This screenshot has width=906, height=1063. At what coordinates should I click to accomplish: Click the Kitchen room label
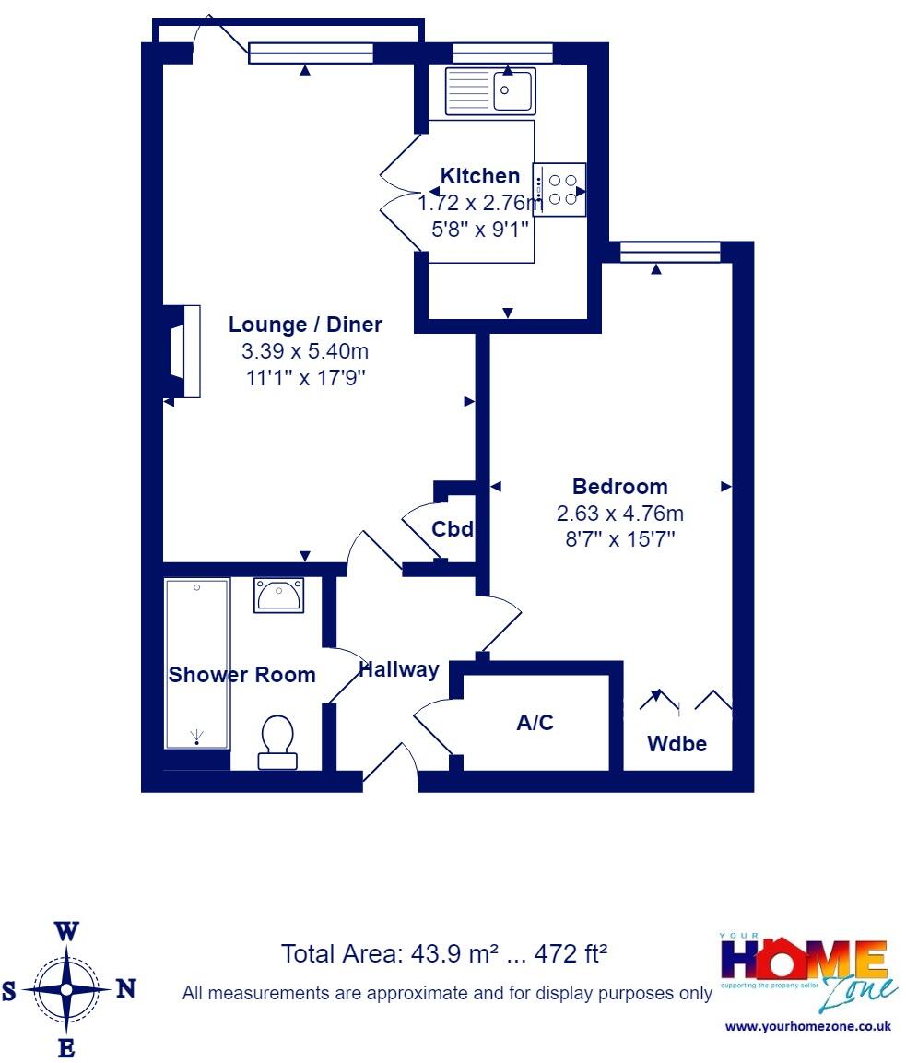click(x=479, y=176)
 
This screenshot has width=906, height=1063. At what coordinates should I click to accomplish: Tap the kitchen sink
click(x=488, y=90)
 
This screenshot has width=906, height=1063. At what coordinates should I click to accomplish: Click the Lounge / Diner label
click(x=305, y=325)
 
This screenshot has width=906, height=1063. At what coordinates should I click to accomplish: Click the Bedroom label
click(x=620, y=487)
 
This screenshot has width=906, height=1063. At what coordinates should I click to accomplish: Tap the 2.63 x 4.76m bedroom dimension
click(x=620, y=514)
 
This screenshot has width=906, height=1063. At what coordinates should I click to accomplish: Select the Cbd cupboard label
click(x=453, y=530)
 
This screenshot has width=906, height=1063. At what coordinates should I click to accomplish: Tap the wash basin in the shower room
click(x=279, y=596)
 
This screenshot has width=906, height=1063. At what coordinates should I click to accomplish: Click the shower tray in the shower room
click(x=196, y=663)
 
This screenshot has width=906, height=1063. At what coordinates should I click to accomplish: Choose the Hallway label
click(x=399, y=670)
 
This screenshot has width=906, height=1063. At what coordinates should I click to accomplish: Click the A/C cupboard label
click(x=535, y=723)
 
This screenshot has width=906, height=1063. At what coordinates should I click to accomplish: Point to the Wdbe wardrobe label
click(x=677, y=744)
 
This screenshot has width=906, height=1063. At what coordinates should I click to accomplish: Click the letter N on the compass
click(x=126, y=989)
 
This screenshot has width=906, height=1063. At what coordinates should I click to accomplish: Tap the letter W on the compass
click(x=66, y=931)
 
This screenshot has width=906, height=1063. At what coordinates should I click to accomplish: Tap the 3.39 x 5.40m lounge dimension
click(x=305, y=351)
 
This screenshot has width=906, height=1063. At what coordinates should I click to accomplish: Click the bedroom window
click(x=670, y=251)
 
